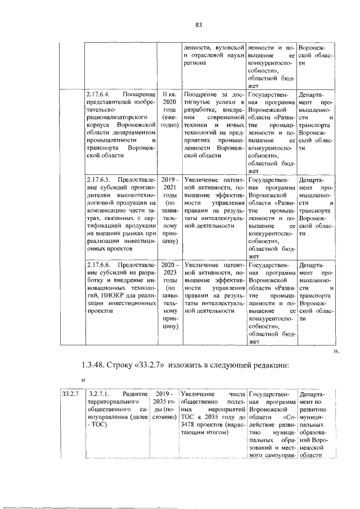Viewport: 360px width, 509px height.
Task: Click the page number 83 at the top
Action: (198, 24)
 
